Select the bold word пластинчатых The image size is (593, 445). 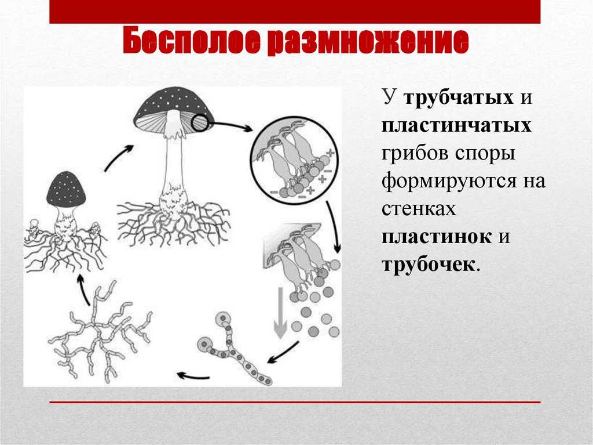coord(456,125)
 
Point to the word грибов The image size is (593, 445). coord(415,153)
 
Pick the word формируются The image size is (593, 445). coord(449,182)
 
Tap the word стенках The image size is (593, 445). coord(419,209)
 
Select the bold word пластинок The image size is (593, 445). coord(437,237)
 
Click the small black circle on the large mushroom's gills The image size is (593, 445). coord(199,123)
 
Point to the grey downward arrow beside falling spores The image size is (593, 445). coord(280,312)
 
